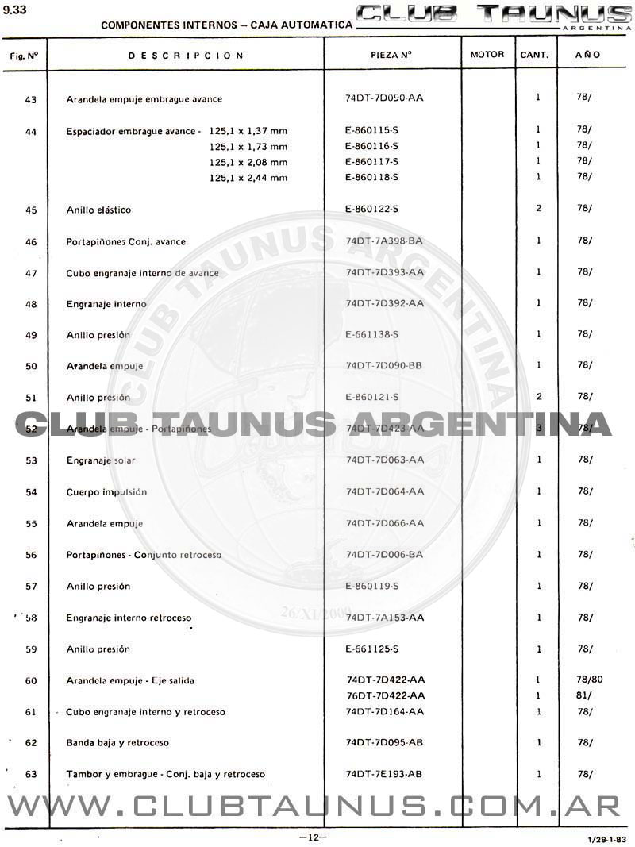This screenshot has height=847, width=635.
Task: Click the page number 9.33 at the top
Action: [15, 10]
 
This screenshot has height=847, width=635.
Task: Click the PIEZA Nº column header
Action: [391, 56]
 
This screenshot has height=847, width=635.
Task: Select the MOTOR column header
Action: [487, 56]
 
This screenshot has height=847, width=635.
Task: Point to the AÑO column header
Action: [588, 56]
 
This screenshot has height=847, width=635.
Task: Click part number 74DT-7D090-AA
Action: [385, 98]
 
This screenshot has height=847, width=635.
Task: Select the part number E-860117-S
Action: [371, 161]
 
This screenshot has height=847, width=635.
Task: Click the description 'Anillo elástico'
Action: [98, 210]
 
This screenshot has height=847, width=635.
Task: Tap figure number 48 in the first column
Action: [31, 304]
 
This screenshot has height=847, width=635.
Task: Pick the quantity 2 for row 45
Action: [538, 209]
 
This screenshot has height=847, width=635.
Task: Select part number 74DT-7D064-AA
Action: [385, 492]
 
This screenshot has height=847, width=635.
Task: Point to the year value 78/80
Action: [590, 680]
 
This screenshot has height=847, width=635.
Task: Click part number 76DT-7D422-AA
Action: [386, 695]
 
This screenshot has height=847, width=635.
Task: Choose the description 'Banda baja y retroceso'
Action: [117, 743]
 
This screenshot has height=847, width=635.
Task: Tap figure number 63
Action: [31, 774]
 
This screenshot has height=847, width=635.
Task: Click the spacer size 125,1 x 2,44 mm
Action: [248, 178]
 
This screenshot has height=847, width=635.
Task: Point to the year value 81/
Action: [583, 695]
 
